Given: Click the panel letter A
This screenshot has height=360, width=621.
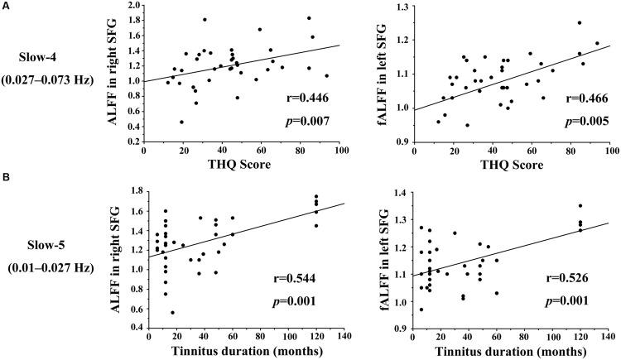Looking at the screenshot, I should (6, 7).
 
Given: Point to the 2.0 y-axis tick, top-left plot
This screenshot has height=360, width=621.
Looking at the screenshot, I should (134, 7).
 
